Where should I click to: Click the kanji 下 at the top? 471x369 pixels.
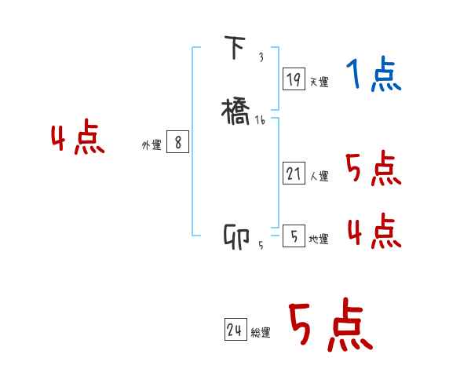point(235,49)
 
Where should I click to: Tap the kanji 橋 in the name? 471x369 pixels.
point(237,110)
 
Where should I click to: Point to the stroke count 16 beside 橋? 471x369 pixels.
point(261,120)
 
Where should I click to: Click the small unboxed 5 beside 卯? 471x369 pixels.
point(261,246)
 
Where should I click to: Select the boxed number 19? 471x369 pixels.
point(294,79)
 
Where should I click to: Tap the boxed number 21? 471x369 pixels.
point(294,174)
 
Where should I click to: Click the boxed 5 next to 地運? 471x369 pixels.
point(294,236)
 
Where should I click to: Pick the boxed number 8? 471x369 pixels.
point(177,142)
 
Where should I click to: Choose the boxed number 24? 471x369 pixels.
point(235,331)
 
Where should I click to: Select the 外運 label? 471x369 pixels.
point(152,145)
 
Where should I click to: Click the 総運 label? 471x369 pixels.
point(261,334)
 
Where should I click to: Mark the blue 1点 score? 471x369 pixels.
point(374,75)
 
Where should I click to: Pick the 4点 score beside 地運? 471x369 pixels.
point(373,231)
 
